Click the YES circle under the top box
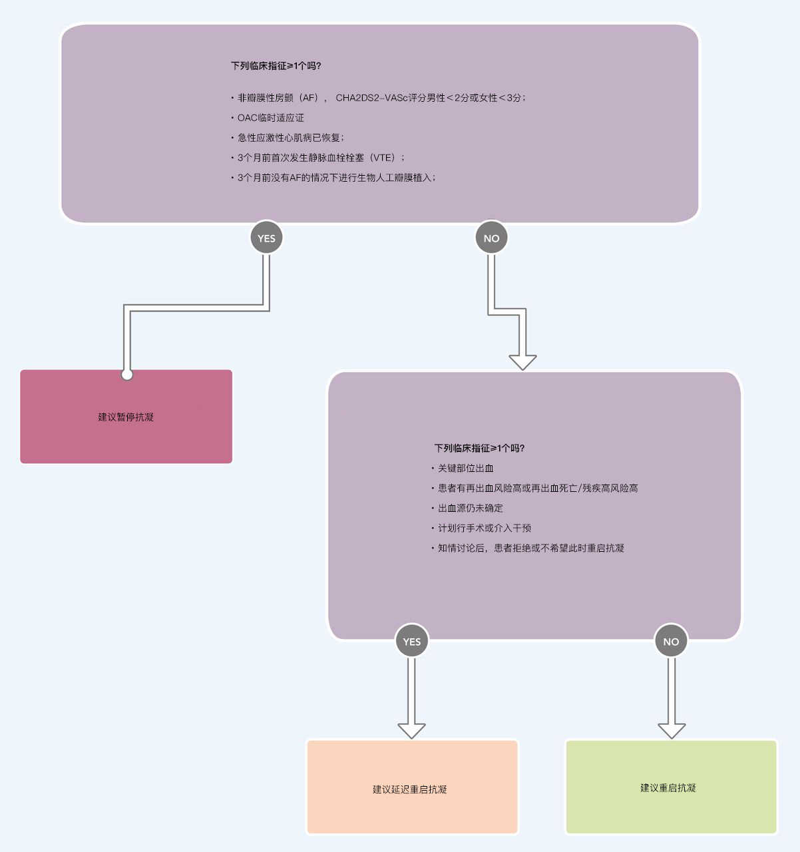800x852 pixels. tap(266, 238)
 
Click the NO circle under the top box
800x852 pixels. tap(491, 238)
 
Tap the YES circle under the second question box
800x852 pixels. tap(412, 641)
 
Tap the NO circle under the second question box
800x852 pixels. tap(671, 641)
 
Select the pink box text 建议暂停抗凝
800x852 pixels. tap(126, 417)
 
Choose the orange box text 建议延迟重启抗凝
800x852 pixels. tap(410, 789)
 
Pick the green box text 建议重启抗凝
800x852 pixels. tap(668, 787)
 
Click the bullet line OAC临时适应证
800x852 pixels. tap(268, 118)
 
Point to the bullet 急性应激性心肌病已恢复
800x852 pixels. tap(288, 137)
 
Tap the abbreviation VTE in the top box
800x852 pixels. tap(383, 158)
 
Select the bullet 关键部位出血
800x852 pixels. tap(463, 468)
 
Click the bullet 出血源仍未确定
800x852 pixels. tap(467, 508)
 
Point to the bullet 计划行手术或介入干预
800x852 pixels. tap(481, 528)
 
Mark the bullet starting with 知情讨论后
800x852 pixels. tap(528, 548)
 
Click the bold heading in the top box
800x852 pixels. tap(276, 66)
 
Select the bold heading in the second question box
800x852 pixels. tap(479, 449)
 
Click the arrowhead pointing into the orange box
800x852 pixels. tap(412, 731)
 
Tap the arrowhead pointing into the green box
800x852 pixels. tap(672, 731)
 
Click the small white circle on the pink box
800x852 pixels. tap(127, 375)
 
